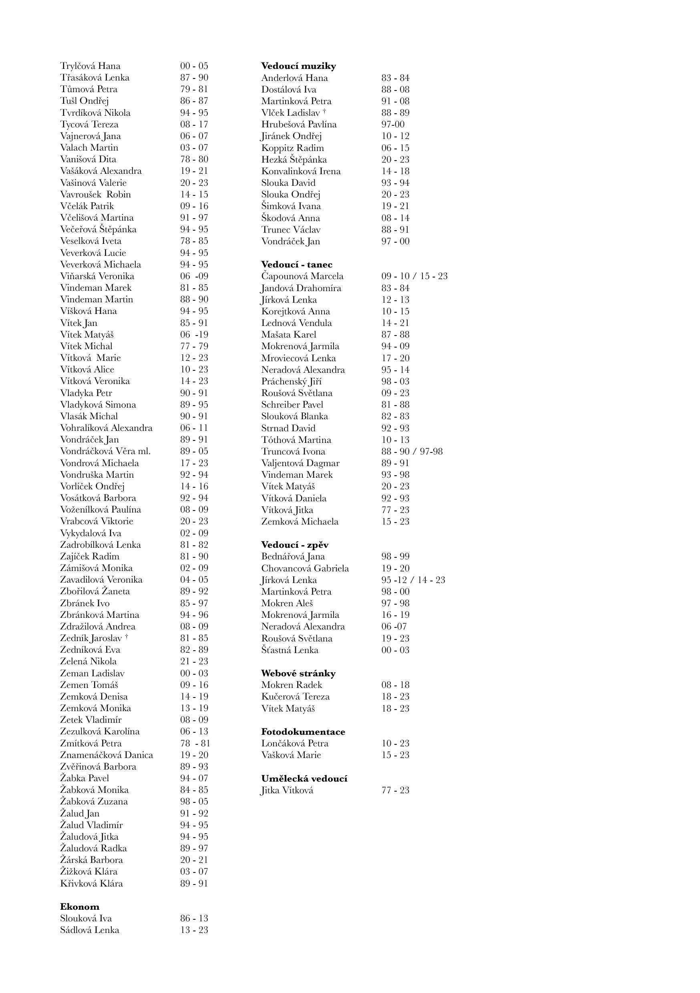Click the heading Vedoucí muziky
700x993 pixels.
point(298,66)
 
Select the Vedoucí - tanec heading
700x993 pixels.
point(296,264)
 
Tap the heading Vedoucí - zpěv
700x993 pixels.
point(295,545)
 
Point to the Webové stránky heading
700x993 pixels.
point(298,673)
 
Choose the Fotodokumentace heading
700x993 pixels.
point(303,732)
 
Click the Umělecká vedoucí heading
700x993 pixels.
point(304,778)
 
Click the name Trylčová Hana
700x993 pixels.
point(90,66)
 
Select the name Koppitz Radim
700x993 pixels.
point(292,147)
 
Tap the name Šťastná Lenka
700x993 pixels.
point(290,649)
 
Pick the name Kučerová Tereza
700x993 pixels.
point(295,696)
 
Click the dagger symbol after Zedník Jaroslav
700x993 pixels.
point(126,636)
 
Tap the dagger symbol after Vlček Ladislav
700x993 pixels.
point(324,111)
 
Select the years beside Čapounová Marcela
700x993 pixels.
point(414,276)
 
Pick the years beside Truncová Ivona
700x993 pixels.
point(411,451)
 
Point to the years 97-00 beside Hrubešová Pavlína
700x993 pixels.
point(392,124)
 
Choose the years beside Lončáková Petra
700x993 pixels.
point(395,743)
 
